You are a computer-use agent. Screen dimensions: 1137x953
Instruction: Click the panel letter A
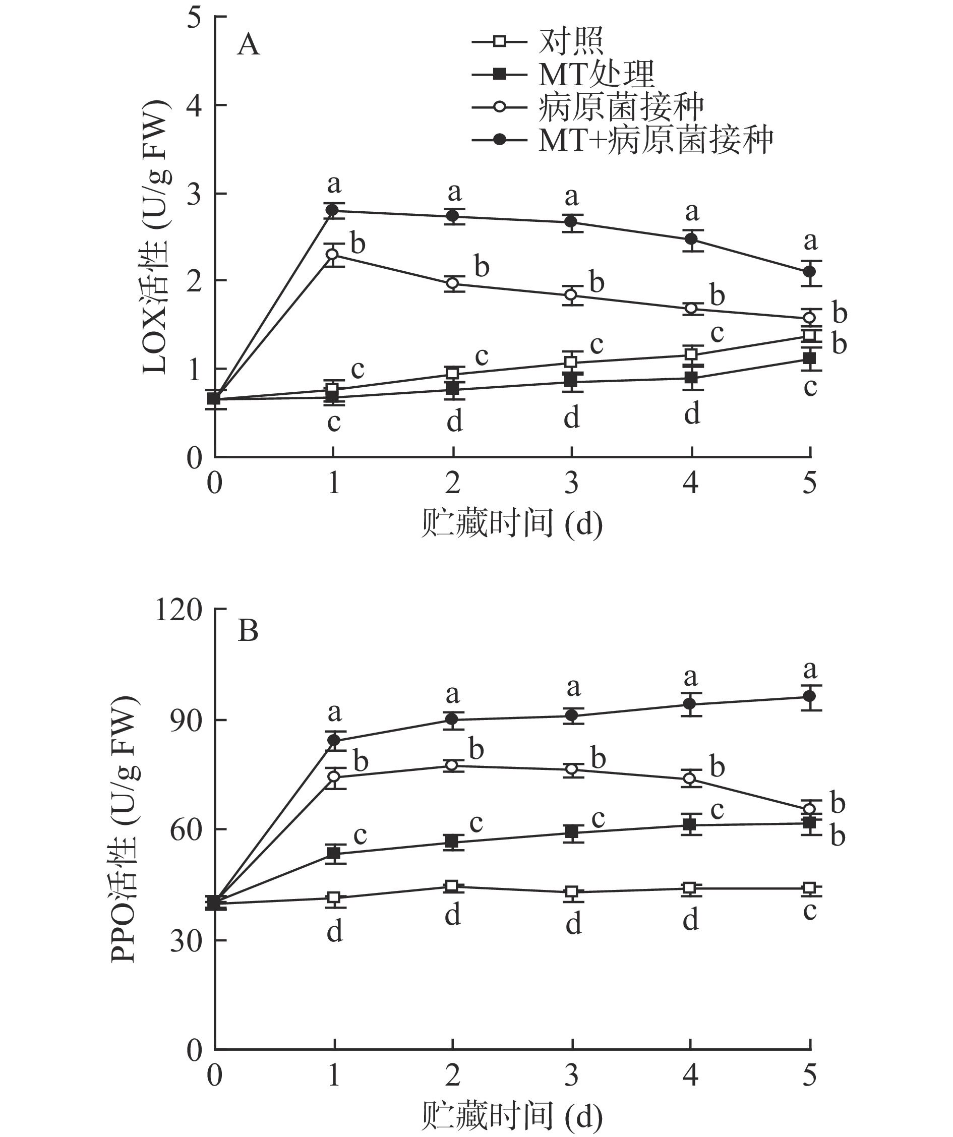click(248, 44)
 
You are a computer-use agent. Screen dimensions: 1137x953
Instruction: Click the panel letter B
click(248, 631)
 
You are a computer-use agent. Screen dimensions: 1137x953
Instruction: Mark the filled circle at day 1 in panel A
click(334, 211)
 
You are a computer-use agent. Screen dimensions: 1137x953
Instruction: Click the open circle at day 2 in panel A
click(453, 283)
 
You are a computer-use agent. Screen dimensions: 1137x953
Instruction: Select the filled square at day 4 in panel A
click(691, 377)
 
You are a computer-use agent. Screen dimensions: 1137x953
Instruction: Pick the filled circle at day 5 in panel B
click(809, 696)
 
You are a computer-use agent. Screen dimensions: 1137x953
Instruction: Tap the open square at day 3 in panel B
click(572, 892)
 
